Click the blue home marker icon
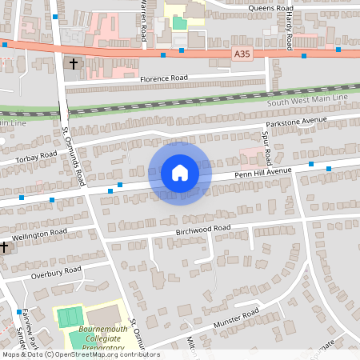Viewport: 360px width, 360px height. pos(180,173)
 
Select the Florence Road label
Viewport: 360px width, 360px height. pos(163,78)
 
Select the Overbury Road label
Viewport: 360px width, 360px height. pos(56,272)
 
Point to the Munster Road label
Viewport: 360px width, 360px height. pos(236,318)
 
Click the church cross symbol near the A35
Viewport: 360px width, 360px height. pos(74,62)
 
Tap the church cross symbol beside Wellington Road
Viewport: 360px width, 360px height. pos(5,247)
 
